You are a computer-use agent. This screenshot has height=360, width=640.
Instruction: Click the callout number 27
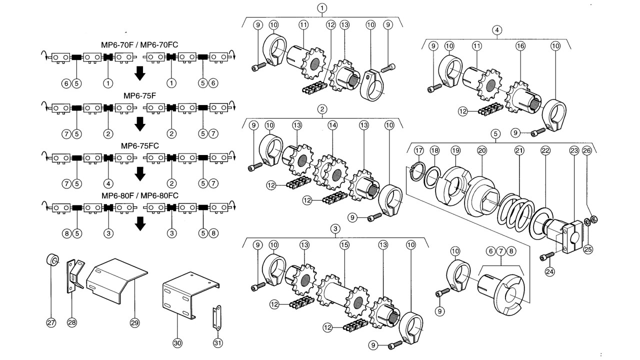[x=51, y=323]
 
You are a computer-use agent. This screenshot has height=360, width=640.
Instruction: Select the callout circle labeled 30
[x=177, y=343]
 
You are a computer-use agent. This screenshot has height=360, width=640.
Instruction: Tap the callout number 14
[x=332, y=125]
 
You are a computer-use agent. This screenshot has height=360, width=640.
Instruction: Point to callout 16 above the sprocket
[x=520, y=46]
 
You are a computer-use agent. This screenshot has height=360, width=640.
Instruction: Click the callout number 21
[x=519, y=150]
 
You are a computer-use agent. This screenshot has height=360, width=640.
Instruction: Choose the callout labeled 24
[x=549, y=271]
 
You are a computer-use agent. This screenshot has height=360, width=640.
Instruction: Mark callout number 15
[x=344, y=245]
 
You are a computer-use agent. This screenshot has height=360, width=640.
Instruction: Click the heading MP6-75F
[x=139, y=95]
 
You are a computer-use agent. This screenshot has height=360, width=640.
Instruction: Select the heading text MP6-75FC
[x=139, y=146]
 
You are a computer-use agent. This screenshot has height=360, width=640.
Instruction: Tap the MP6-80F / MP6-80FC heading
[x=140, y=195]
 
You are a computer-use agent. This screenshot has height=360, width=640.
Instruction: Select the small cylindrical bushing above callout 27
[x=52, y=259]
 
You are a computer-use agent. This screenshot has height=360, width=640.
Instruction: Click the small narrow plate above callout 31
[x=217, y=317]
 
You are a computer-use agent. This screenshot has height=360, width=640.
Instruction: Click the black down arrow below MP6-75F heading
[x=140, y=123]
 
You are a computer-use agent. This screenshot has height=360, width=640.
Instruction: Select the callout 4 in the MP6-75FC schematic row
[x=108, y=183]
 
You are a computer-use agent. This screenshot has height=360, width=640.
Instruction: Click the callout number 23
[x=574, y=150]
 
